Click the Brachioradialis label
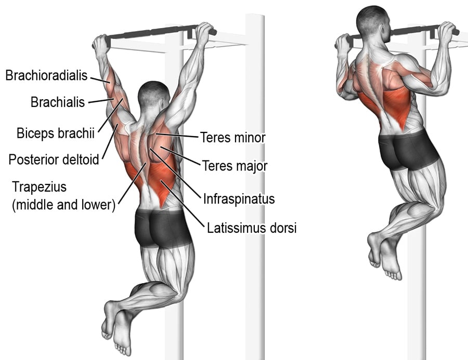[x=47, y=75]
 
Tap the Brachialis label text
[x=58, y=102]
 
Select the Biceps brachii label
[x=56, y=133]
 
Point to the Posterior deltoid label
[x=54, y=159]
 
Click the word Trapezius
[x=39, y=188]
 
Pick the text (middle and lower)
[x=63, y=205]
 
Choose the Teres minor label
[x=233, y=138]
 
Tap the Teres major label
[x=235, y=166]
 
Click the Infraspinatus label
[x=239, y=198]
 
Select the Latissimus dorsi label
[x=252, y=228]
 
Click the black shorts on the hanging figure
[x=163, y=228]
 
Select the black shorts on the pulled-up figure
[x=408, y=150]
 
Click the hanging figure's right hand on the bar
[x=204, y=33]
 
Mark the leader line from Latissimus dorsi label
[x=182, y=202]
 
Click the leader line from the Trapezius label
[x=132, y=183]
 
